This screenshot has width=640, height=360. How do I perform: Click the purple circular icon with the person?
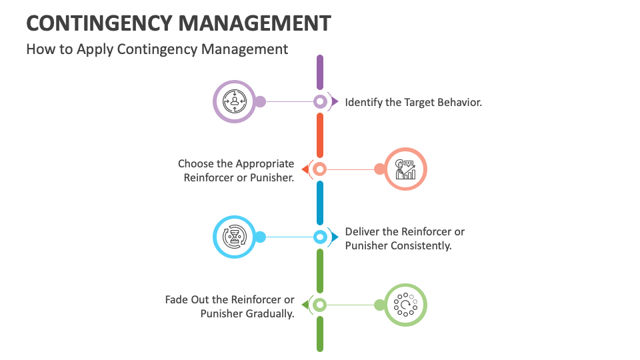pyautogui.click(x=234, y=101)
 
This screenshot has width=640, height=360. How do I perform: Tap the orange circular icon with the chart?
pyautogui.click(x=405, y=169)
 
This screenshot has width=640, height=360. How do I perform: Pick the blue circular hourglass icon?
pyautogui.click(x=234, y=237)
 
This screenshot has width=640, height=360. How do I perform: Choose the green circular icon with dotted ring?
pyautogui.click(x=405, y=305)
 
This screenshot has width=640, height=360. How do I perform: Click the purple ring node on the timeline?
pyautogui.click(x=320, y=102)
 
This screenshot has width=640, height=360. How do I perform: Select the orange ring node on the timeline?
pyautogui.click(x=320, y=169)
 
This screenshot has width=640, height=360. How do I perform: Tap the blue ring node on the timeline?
pyautogui.click(x=320, y=237)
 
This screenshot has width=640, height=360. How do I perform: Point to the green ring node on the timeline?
pyautogui.click(x=320, y=305)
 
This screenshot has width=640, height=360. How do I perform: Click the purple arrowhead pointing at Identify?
pyautogui.click(x=335, y=102)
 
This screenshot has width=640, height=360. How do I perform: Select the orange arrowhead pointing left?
pyautogui.click(x=305, y=169)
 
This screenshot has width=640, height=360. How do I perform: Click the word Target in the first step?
pyautogui.click(x=421, y=103)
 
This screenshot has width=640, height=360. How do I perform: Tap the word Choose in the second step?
pyautogui.click(x=195, y=163)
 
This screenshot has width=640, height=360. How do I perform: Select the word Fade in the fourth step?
pyautogui.click(x=177, y=299)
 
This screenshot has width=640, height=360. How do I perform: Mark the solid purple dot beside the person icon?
pyautogui.click(x=261, y=102)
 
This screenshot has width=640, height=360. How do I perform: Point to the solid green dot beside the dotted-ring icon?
pyautogui.click(x=379, y=305)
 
